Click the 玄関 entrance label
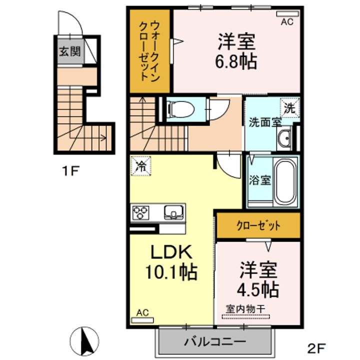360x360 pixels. (70, 51)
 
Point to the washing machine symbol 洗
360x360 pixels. (290, 106)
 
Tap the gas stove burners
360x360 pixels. (141, 212)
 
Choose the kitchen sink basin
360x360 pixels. (173, 212)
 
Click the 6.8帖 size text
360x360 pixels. (236, 62)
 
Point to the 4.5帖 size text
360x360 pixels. (257, 288)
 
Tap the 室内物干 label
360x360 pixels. (245, 309)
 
